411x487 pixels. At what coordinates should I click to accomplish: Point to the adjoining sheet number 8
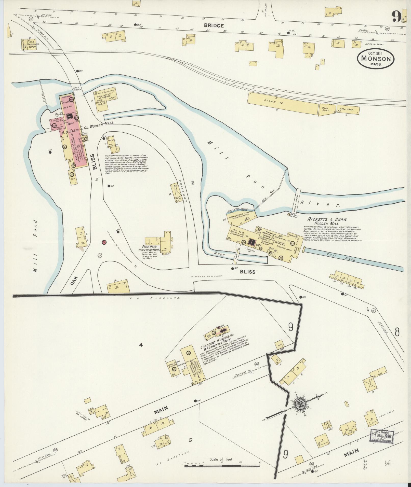(397, 332)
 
